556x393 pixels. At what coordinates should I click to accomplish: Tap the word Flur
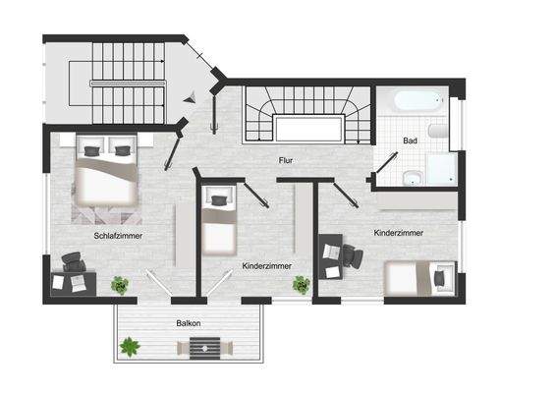click(x=286, y=160)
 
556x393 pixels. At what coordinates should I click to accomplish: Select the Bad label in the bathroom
click(x=412, y=141)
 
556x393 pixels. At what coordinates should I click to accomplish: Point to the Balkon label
click(x=191, y=322)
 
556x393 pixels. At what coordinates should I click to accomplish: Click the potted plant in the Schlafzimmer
click(x=120, y=285)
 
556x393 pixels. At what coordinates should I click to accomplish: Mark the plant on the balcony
click(x=129, y=346)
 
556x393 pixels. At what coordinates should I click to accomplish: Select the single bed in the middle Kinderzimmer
click(x=218, y=225)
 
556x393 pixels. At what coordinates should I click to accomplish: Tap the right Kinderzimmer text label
click(x=399, y=233)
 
